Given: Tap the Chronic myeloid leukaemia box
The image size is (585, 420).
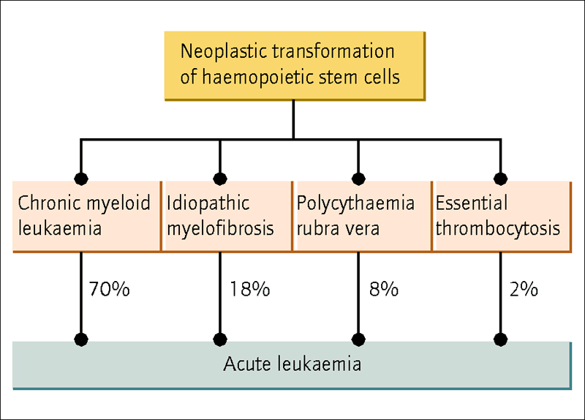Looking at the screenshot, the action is coord(87,216).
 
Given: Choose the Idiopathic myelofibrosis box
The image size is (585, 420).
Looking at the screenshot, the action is coord(228,216).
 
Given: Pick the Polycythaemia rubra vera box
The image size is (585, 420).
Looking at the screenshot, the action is coord(363,216).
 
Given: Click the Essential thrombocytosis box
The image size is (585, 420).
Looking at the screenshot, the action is coord(503,216).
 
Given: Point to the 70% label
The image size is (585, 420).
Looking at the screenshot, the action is coord(109,289).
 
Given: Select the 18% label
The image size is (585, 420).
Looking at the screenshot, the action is coord(249,289).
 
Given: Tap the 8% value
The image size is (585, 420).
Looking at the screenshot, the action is coord(384,289).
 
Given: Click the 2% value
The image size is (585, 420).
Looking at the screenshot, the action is coord(524,289).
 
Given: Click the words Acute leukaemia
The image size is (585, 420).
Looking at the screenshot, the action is coord(292,364).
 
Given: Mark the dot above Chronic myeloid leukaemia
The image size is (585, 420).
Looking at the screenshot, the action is coord(81,179).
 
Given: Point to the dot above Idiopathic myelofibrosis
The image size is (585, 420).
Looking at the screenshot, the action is coord(220,179).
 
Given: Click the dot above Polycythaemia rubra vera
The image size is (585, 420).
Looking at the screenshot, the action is coord(358,179).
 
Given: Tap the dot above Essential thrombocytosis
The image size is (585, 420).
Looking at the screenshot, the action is coord(500,179).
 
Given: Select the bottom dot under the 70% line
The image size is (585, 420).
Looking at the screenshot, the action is coord(81,340).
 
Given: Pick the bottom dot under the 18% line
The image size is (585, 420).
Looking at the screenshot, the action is coord(220,340).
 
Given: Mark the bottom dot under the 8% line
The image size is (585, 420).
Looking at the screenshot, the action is coord(358,340).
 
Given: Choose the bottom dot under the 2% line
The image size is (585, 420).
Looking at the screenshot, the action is coord(500,340).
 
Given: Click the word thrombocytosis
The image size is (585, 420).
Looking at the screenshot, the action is coord(498,228).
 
